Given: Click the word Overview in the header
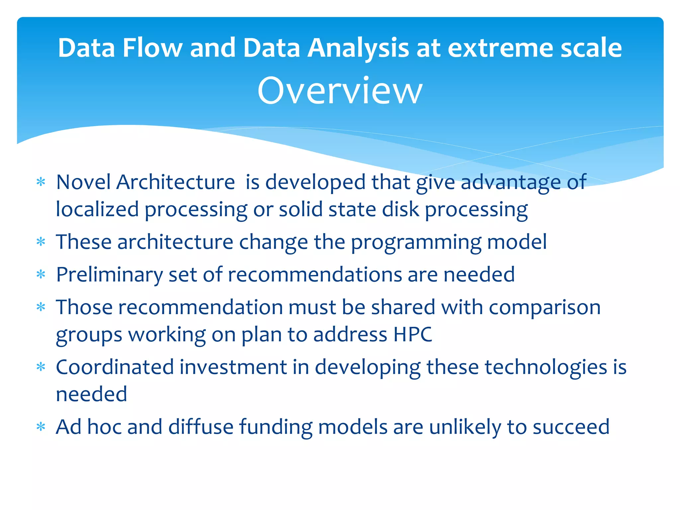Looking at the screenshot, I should click(340, 91).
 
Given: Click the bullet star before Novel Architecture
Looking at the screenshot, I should click(41, 182).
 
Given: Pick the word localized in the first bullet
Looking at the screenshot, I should click(97, 210).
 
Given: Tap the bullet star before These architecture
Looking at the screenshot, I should click(41, 242).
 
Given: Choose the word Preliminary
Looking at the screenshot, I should click(109, 275).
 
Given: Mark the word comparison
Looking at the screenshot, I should click(545, 307).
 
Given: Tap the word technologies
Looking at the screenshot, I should click(546, 368).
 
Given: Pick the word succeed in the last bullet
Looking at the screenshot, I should click(571, 427).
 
